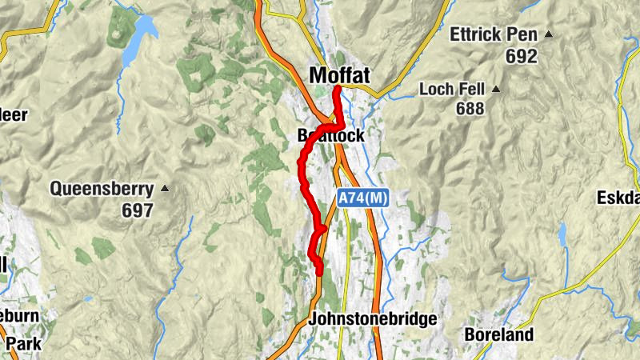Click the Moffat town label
[x=339, y=75]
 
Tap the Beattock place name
[x=330, y=136]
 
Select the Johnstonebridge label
[x=373, y=319]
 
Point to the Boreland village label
[x=498, y=335]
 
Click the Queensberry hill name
[x=102, y=190]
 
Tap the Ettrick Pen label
[x=495, y=34]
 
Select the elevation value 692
[x=521, y=57]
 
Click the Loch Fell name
[x=454, y=89]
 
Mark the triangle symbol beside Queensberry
[x=165, y=189]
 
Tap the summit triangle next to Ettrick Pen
[x=549, y=34]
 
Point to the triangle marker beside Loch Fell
[x=496, y=89]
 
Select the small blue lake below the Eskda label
[x=562, y=234]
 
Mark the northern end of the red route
[x=337, y=87]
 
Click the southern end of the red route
[x=319, y=273]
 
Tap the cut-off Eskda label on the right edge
[x=618, y=198]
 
